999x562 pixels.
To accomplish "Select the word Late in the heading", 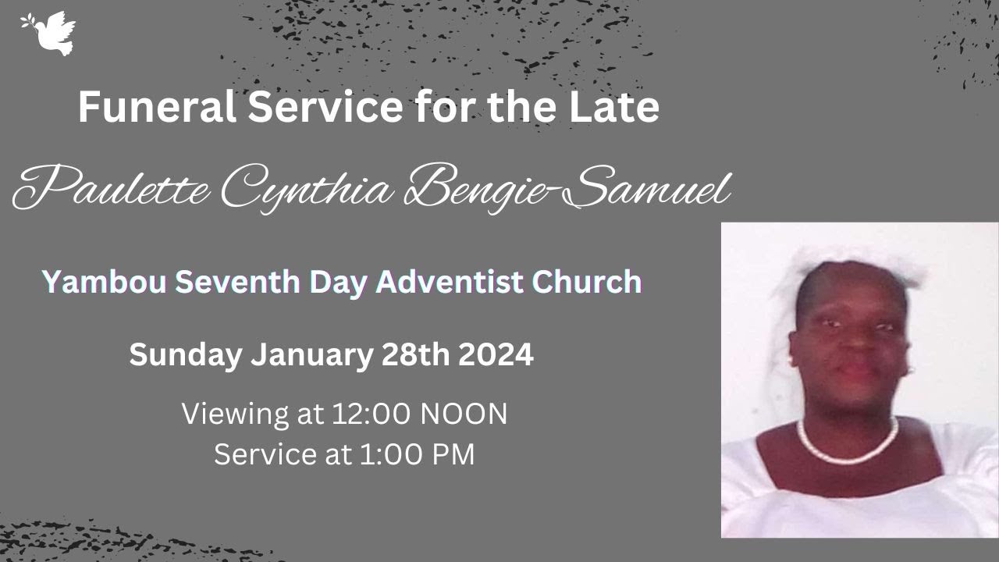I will click(x=617, y=108).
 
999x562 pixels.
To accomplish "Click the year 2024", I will click(x=496, y=356).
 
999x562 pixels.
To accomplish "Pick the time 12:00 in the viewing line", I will click(x=372, y=414).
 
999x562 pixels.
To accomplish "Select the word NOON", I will click(x=464, y=414).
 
